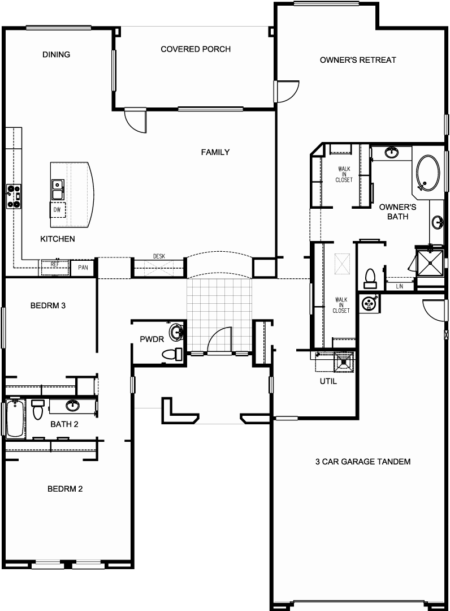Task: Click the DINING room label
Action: [57, 54]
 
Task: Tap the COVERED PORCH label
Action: [196, 49]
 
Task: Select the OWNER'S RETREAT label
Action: [358, 60]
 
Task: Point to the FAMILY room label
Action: [215, 152]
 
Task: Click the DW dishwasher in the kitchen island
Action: [57, 210]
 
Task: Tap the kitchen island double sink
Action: [58, 190]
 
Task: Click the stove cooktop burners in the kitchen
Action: [14, 196]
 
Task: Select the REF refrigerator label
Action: [55, 265]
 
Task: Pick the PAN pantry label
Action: [83, 268]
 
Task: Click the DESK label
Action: [159, 256]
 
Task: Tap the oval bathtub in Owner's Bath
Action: [428, 174]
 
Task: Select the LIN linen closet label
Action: [399, 286]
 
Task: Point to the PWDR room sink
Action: [178, 332]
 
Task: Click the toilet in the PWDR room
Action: [172, 354]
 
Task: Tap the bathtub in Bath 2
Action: [15, 419]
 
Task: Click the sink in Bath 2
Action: [72, 405]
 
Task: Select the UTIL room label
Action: [328, 381]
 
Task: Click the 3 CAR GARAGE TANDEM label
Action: [363, 462]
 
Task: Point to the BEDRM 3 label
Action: [48, 305]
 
